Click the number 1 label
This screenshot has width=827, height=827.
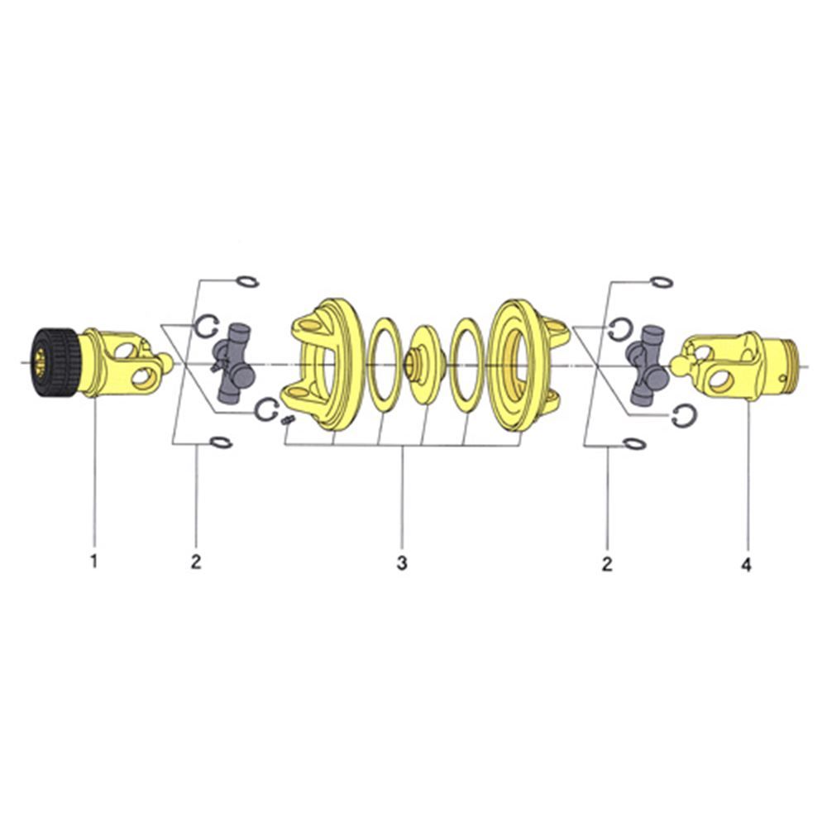[94, 562]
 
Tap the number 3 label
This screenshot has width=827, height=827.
[402, 562]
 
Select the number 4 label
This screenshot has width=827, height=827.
[746, 565]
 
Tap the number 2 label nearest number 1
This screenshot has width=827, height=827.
[196, 562]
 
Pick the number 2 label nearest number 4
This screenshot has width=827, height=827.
[607, 563]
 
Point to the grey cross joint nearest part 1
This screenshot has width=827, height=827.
[233, 362]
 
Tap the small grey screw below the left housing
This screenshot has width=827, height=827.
[288, 420]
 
